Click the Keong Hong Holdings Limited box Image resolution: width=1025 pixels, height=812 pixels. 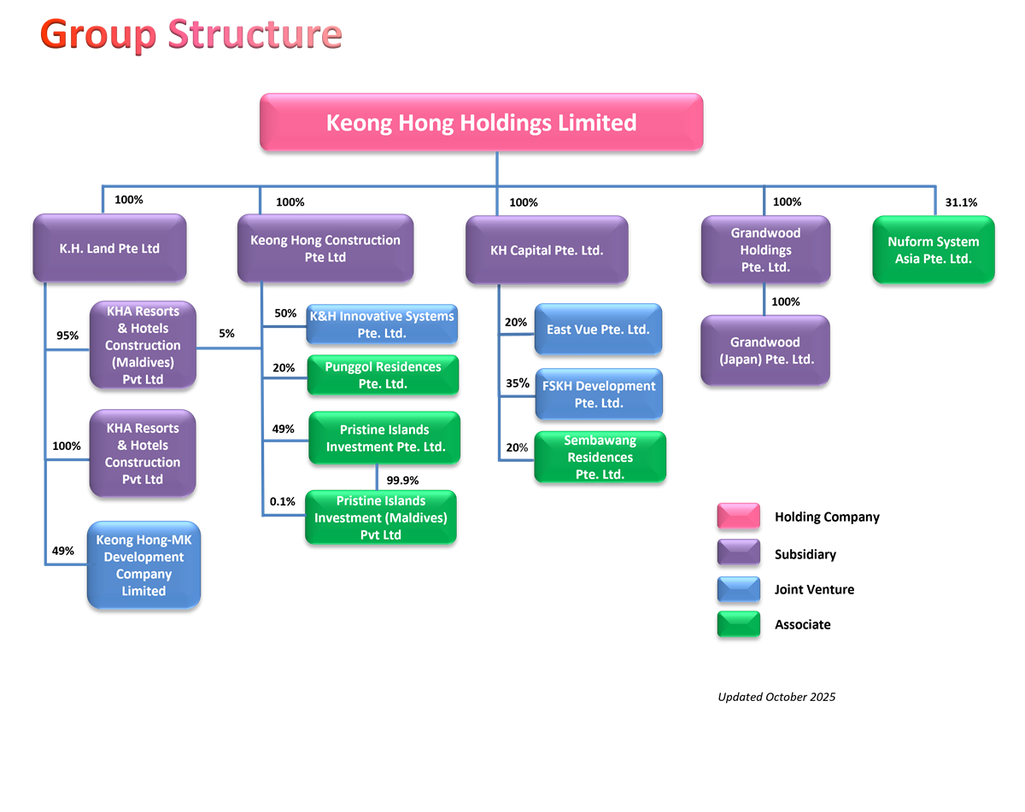coord(481,122)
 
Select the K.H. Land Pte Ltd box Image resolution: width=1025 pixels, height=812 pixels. coord(109,248)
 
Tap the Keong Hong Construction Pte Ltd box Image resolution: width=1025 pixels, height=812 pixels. coord(325,248)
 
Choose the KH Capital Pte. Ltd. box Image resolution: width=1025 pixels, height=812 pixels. coord(547,250)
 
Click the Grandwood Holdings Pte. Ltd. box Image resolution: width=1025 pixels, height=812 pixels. coord(765,249)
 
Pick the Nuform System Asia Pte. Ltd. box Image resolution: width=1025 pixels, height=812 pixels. coord(933,249)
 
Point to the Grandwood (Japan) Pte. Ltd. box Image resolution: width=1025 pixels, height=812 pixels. coord(765,350)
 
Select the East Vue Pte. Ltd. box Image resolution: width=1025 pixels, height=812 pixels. coord(598,330)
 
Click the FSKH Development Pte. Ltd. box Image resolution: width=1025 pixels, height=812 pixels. coord(598,394)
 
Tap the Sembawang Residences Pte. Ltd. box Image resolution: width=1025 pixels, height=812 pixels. coord(600,457)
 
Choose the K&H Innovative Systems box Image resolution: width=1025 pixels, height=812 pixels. coord(382,324)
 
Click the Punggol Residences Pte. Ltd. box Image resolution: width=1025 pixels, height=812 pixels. coord(383,375)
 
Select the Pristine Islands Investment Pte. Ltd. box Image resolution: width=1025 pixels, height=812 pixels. coord(384,438)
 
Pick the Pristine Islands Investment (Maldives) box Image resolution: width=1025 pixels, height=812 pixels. coord(381,517)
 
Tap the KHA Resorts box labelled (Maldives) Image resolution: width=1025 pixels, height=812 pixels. coord(143,345)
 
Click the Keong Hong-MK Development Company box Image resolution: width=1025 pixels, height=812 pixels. coord(143,565)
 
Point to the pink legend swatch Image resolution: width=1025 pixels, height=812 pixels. coord(738,516)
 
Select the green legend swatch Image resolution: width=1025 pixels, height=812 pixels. coord(738,624)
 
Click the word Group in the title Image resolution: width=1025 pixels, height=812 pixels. coord(98,34)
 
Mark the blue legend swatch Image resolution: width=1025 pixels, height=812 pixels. coord(738,589)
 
